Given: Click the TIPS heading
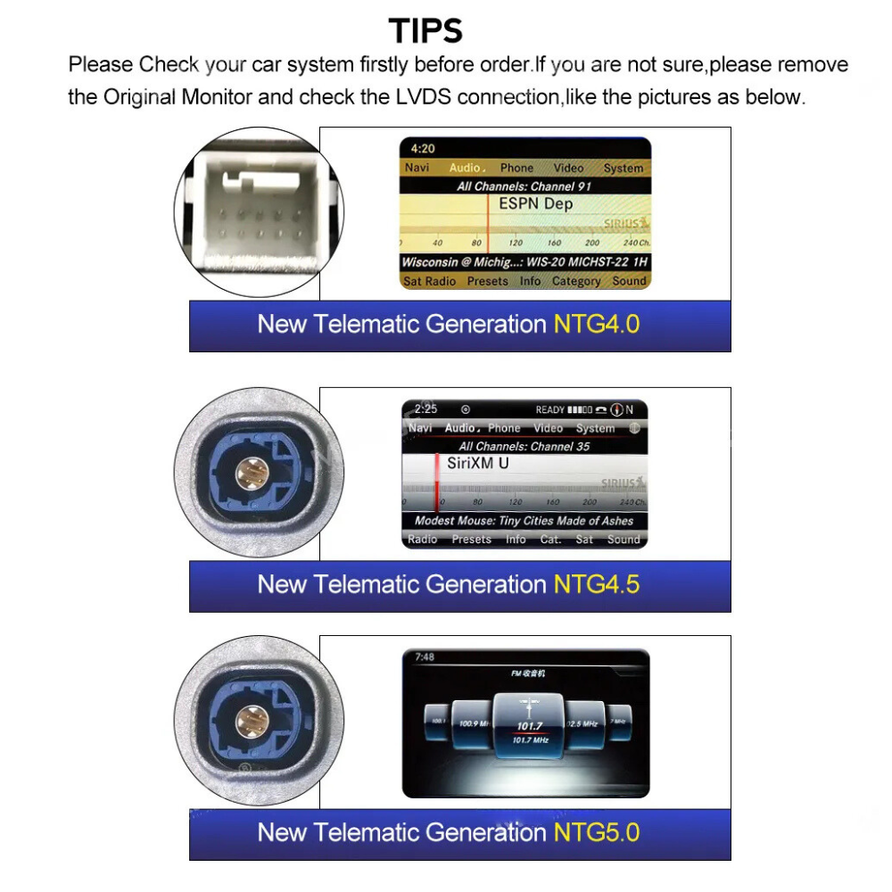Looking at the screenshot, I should pyautogui.click(x=426, y=31).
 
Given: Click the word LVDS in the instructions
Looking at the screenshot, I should pyautogui.click(x=421, y=97).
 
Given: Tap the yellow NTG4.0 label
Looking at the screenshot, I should pyautogui.click(x=597, y=324).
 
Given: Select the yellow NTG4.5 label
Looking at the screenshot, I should pyautogui.click(x=597, y=584).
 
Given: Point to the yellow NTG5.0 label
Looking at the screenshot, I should pyautogui.click(x=597, y=832).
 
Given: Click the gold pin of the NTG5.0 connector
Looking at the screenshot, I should pyautogui.click(x=249, y=717).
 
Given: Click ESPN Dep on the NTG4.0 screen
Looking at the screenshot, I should pyautogui.click(x=535, y=204).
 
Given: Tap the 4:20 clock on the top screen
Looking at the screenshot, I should pyautogui.click(x=423, y=149).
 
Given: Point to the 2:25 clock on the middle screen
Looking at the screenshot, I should pyautogui.click(x=426, y=409).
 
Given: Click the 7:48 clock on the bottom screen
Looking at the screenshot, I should pyautogui.click(x=425, y=657).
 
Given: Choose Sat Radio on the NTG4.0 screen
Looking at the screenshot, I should pyautogui.click(x=430, y=281).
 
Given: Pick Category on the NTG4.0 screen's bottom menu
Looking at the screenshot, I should pyautogui.click(x=575, y=281).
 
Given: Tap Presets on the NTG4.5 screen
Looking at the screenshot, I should pyautogui.click(x=471, y=540).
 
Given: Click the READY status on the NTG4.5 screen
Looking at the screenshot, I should pyautogui.click(x=549, y=410).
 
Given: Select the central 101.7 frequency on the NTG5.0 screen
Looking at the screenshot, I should pyautogui.click(x=529, y=726).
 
